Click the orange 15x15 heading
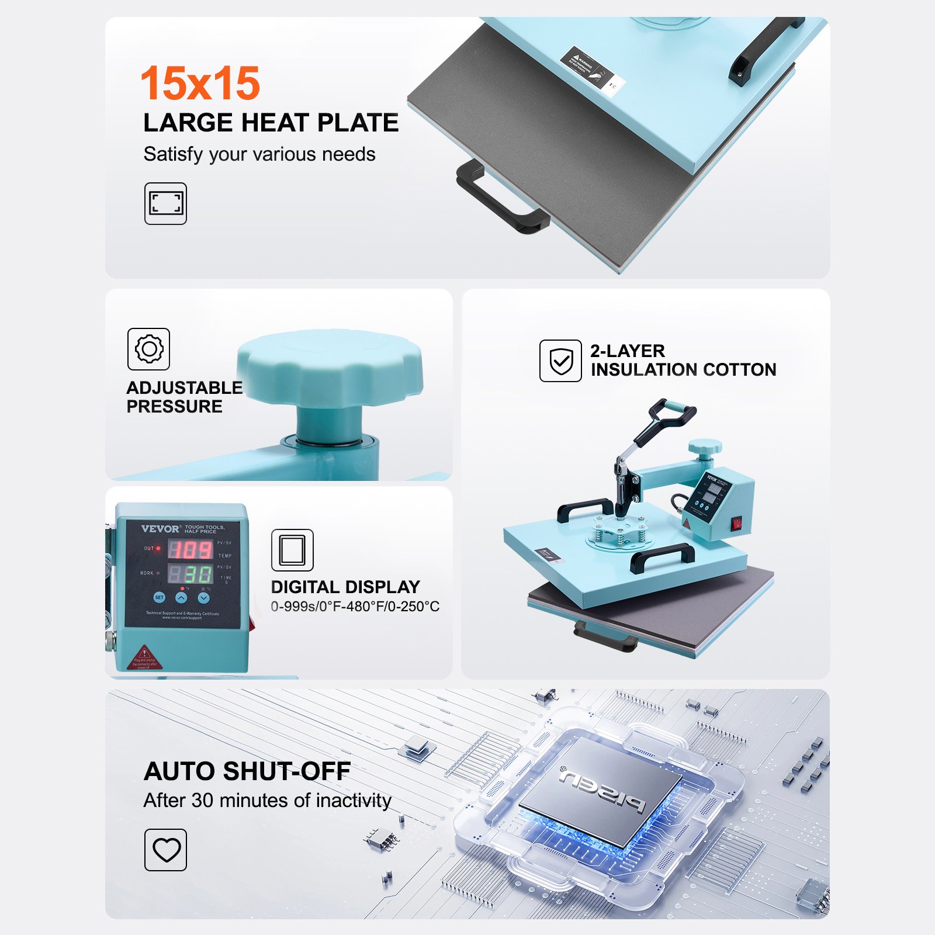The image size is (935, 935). [200, 83]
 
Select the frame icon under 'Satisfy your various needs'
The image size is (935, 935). [165, 203]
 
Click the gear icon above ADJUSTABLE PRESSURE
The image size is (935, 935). [148, 349]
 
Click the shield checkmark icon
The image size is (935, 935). [560, 361]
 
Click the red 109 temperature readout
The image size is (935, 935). [191, 549]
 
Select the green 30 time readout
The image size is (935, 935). [198, 574]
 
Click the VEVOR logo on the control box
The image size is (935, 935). [160, 529]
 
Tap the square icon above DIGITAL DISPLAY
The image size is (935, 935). [292, 550]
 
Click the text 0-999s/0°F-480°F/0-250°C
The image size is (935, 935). [355, 607]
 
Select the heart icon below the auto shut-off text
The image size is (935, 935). [165, 850]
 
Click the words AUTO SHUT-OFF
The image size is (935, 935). [247, 771]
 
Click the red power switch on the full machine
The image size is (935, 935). [737, 522]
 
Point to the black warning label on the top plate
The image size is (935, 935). [586, 66]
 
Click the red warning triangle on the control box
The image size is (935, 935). [144, 653]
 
